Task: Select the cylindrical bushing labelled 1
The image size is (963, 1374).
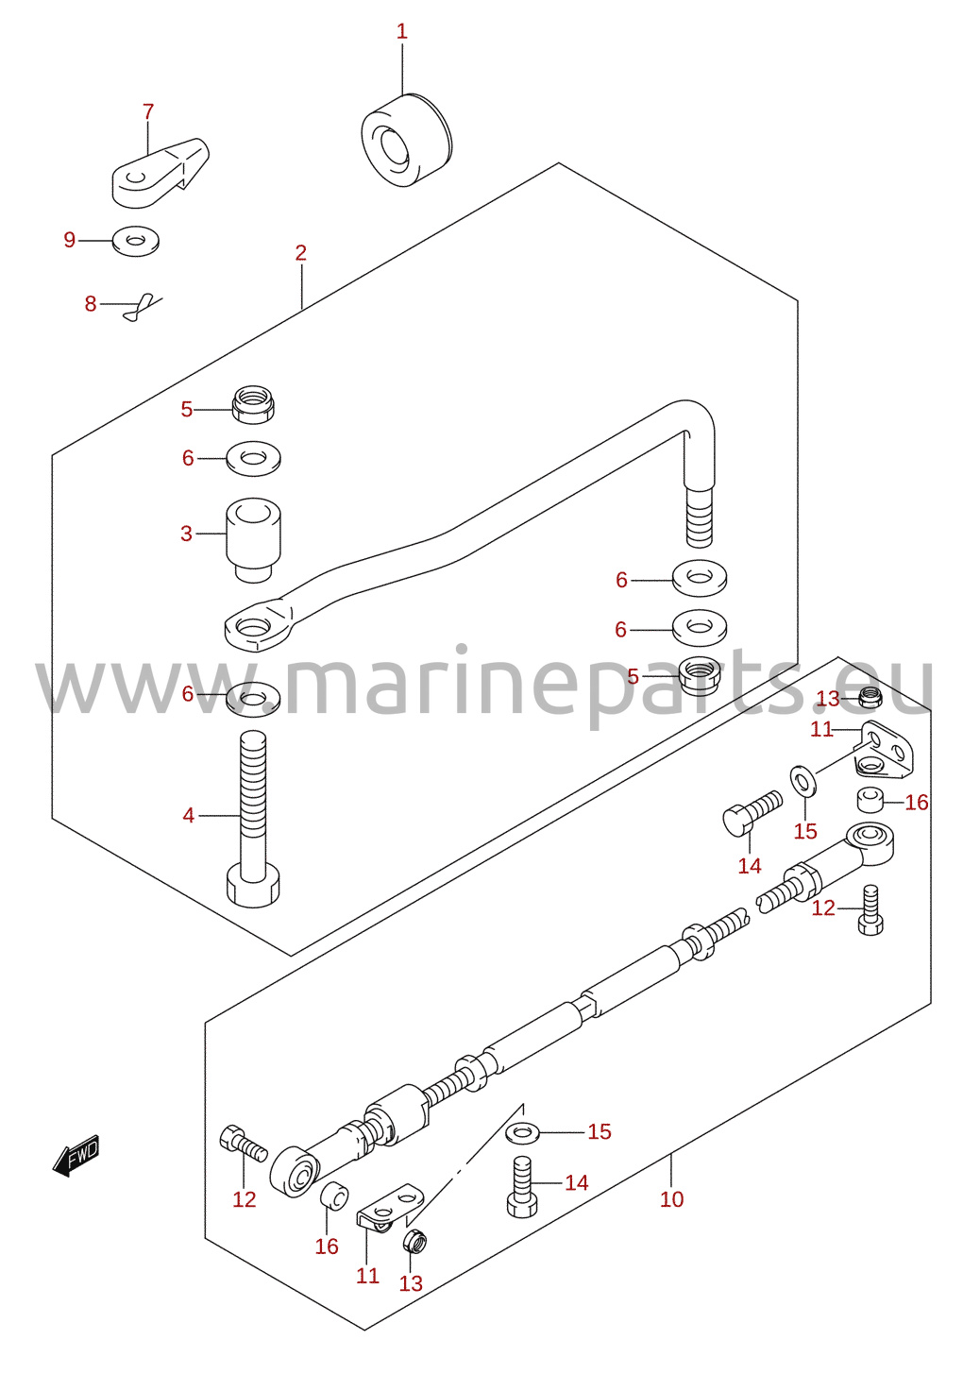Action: coord(405,141)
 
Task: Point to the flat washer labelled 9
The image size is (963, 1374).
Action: coord(136,241)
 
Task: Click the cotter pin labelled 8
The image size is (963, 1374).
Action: coord(140,307)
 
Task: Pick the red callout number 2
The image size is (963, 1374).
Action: coord(300,253)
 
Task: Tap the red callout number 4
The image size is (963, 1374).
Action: coord(188,816)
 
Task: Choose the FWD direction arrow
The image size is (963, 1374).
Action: coord(76,1155)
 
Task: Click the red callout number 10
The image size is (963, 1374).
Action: coord(671,1199)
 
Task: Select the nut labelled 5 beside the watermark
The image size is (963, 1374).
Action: coord(700,675)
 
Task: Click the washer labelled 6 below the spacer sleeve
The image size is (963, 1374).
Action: coord(253,698)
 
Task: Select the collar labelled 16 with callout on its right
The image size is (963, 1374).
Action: coord(870,800)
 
